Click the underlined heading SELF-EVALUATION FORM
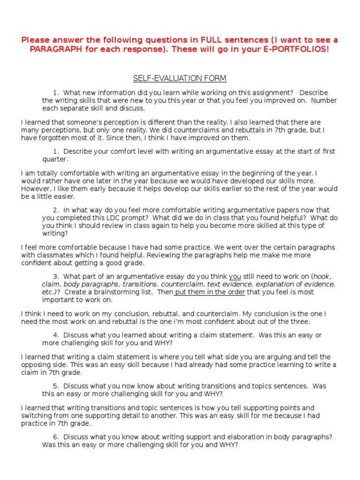[180, 78]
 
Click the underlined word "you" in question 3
[235, 277]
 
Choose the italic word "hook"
[322, 277]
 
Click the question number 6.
[55, 436]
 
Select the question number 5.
[55, 386]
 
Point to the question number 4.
[55, 335]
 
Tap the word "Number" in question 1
[324, 100]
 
